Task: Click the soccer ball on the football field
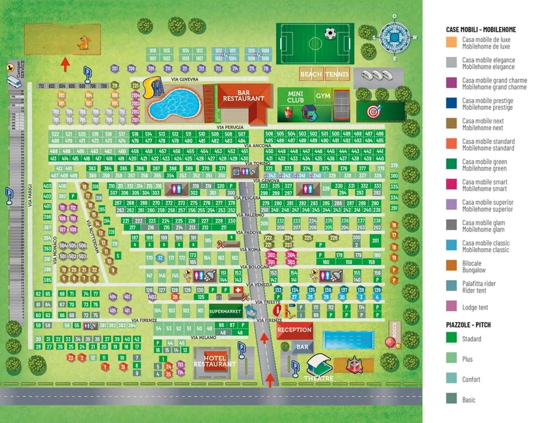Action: pyautogui.click(x=330, y=33)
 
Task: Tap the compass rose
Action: pyautogui.click(x=394, y=37)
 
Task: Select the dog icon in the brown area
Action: pyautogui.click(x=83, y=42)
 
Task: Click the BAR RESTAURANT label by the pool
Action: pyautogui.click(x=243, y=96)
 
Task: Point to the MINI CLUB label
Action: pyautogui.click(x=296, y=97)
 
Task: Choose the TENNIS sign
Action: pyautogui.click(x=337, y=74)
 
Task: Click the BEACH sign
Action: pyautogui.click(x=311, y=74)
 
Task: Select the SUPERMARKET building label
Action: pyautogui.click(x=226, y=312)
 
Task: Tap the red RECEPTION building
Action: pyautogui.click(x=294, y=330)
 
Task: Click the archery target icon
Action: pyautogui.click(x=373, y=111)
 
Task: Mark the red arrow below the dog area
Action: pyautogui.click(x=65, y=64)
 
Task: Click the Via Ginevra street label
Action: pyautogui.click(x=184, y=79)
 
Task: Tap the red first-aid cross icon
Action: pyautogui.click(x=238, y=290)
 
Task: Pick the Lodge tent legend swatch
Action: pyautogui.click(x=452, y=306)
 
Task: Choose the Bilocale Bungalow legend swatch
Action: pyautogui.click(x=452, y=267)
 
